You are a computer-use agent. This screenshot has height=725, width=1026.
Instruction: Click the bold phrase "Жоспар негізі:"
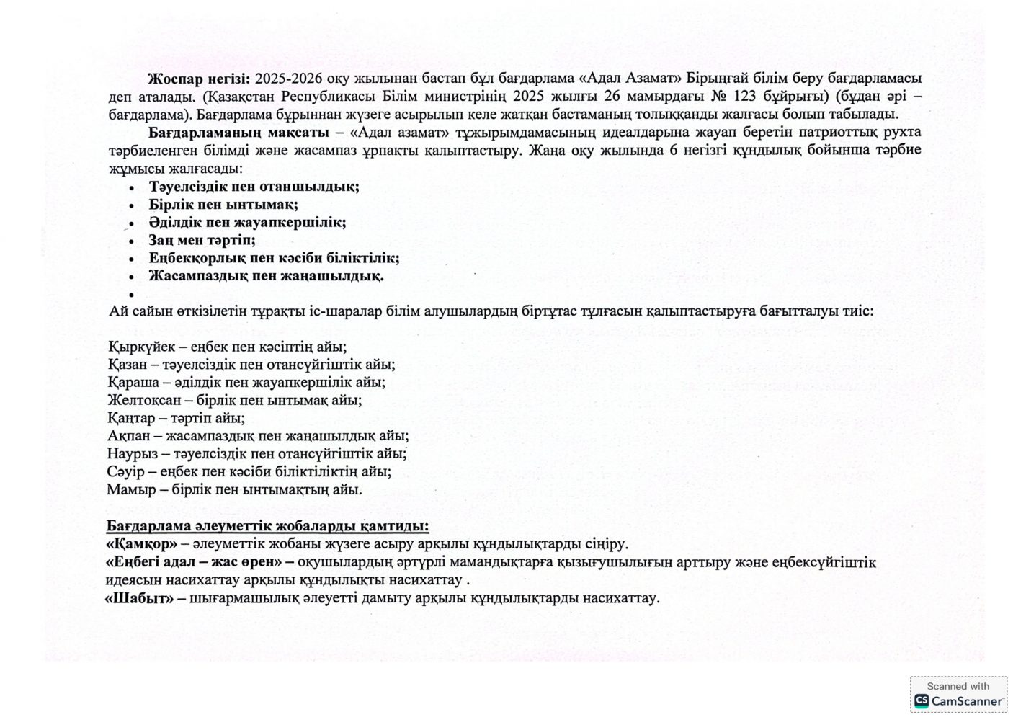point(199,79)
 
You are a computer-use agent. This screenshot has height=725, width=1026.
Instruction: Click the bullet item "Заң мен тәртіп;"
point(202,240)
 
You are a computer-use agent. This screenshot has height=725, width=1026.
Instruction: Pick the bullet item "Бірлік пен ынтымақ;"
point(223,205)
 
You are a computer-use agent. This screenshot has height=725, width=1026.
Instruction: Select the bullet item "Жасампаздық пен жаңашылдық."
point(266,276)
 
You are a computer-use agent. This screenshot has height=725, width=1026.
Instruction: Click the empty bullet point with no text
point(132,294)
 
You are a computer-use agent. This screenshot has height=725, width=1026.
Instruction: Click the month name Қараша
point(130,382)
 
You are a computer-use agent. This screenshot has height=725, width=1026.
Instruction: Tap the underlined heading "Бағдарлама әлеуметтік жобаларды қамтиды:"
point(267,525)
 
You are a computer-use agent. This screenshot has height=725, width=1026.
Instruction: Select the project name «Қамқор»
point(141,543)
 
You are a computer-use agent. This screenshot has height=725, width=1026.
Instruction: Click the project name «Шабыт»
point(140,598)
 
